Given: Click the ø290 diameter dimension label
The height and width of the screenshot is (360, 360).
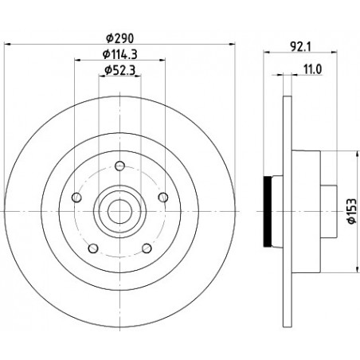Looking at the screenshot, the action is point(120,38).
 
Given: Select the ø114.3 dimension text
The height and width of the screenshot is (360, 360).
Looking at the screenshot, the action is point(120,54).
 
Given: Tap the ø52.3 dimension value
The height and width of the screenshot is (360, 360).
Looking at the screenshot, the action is point(120,70).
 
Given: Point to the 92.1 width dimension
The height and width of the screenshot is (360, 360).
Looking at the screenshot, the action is point(301,47).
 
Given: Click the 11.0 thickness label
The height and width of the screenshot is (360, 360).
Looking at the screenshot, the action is point(313,69).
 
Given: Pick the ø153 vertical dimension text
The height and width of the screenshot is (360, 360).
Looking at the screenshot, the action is point(352,211).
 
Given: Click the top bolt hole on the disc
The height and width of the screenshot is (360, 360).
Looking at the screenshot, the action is point(120,166).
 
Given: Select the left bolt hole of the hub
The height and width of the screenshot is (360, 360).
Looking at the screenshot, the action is point(76,198).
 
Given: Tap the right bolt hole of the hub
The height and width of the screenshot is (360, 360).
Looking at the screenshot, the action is point(163,198).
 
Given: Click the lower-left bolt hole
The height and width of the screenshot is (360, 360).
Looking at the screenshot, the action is point(93,248).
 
